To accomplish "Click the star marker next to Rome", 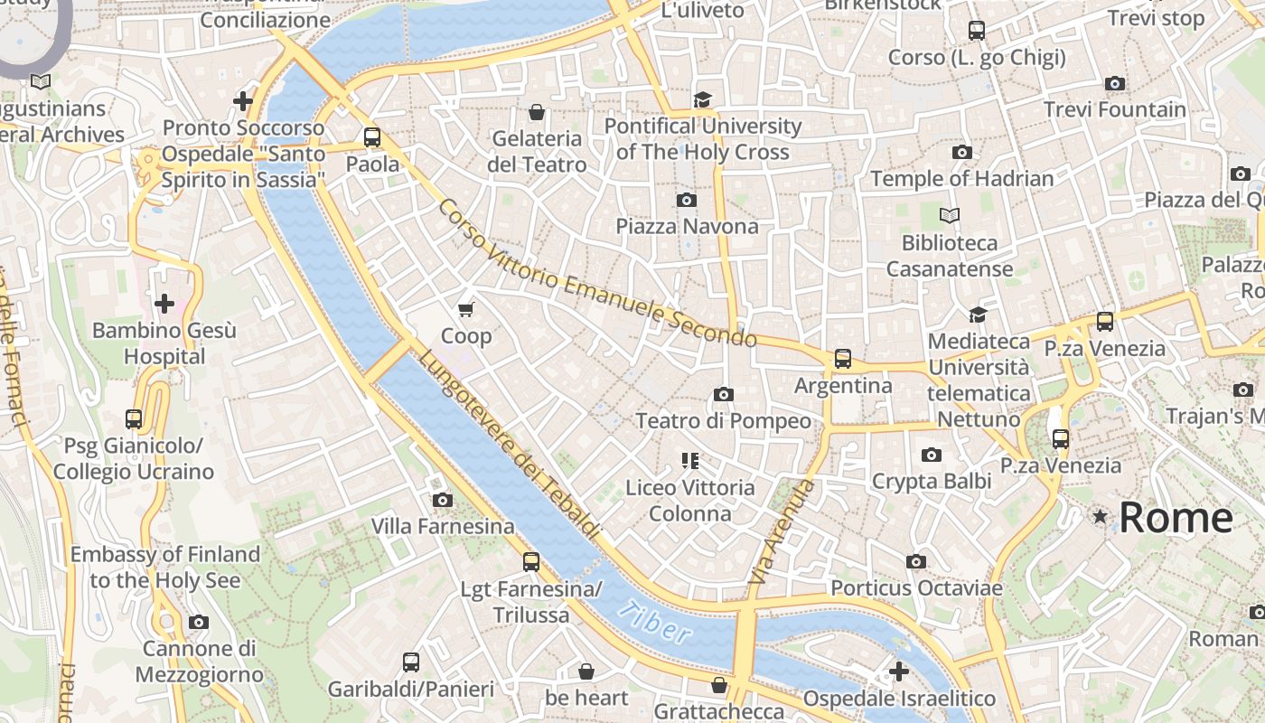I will coord(1100,517).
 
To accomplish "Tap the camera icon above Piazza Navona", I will coord(687,200).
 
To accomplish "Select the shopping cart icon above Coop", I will coord(466,310).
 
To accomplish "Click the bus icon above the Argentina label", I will coord(843,359).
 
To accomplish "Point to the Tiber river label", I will coord(657,623).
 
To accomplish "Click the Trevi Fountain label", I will coord(1115,109).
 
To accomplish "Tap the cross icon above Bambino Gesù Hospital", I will coord(164,304).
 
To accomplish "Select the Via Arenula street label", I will coord(781,531).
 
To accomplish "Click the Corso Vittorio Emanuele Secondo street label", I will coord(596,274).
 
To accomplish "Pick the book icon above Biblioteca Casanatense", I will coord(949,216).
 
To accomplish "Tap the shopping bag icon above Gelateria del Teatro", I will coord(537,112).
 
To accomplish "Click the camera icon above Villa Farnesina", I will coord(442,500).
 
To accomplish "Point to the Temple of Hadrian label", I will coord(962,178).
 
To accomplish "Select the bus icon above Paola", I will coord(372,137).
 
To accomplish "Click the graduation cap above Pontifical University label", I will coord(703,99).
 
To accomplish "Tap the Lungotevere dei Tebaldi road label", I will coord(508,446).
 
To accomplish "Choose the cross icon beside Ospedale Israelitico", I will coord(898,671).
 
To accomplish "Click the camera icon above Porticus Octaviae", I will coord(916,562).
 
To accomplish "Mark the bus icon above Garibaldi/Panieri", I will coord(411,662).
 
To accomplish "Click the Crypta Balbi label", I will coord(932,481).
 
